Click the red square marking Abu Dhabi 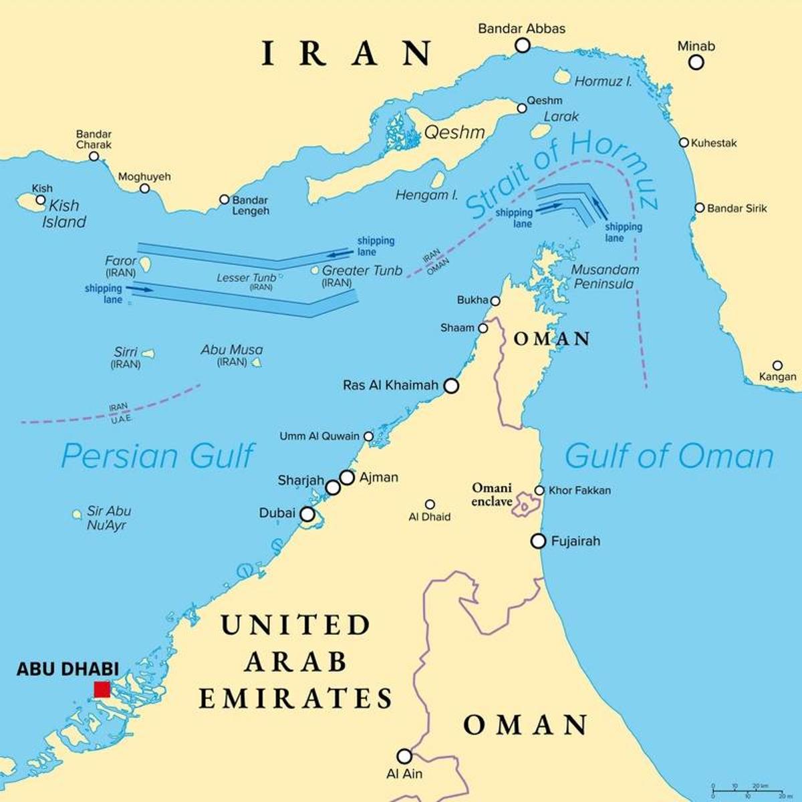[x=102, y=690]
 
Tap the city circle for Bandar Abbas [x=522, y=45]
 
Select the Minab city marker [x=696, y=62]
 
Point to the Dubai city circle [x=307, y=514]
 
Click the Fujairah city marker [x=539, y=541]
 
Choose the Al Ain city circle [x=404, y=756]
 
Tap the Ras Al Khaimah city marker [x=452, y=386]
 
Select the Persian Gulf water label [x=158, y=456]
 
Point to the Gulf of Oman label [x=669, y=456]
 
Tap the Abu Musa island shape [x=255, y=362]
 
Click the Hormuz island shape [x=562, y=79]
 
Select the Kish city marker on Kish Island [x=41, y=199]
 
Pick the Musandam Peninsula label [x=605, y=277]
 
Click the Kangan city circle [x=777, y=366]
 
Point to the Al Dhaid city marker [x=430, y=505]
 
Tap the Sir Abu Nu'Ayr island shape [x=78, y=514]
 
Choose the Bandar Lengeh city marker [x=225, y=199]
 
